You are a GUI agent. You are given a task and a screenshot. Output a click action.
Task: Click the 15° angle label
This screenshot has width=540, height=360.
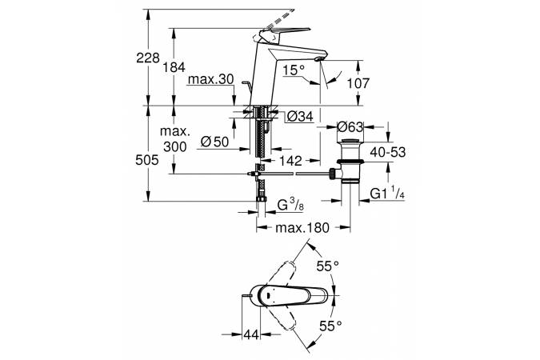[x=294, y=71]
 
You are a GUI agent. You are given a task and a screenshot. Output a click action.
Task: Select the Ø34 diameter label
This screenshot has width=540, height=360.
[x=298, y=117]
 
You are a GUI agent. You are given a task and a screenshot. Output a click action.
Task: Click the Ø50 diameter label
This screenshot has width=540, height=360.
[x=212, y=142]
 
